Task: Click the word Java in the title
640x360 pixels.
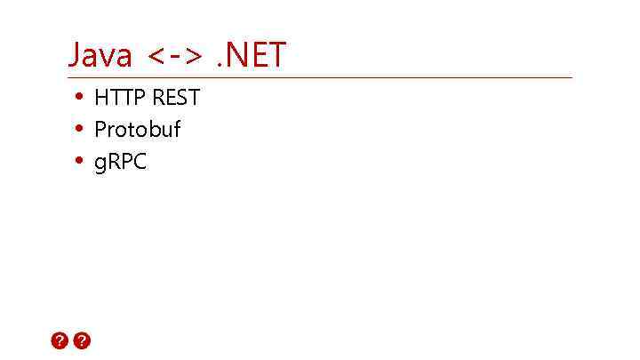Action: point(100,55)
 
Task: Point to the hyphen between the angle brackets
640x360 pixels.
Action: point(174,58)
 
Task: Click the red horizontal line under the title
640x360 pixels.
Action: point(320,77)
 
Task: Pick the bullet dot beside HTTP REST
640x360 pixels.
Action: point(79,96)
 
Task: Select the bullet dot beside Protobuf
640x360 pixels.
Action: point(79,129)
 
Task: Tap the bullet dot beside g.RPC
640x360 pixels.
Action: point(79,161)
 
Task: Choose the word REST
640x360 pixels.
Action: point(176,97)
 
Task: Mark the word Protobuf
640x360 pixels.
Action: point(138,130)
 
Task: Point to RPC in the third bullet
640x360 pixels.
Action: point(127,162)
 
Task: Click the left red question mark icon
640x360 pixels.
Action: point(60,340)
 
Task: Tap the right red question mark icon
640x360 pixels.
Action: point(82,340)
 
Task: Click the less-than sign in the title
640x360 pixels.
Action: point(156,58)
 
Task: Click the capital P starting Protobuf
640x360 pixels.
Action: point(100,130)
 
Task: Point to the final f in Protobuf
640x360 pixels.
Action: point(176,129)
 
